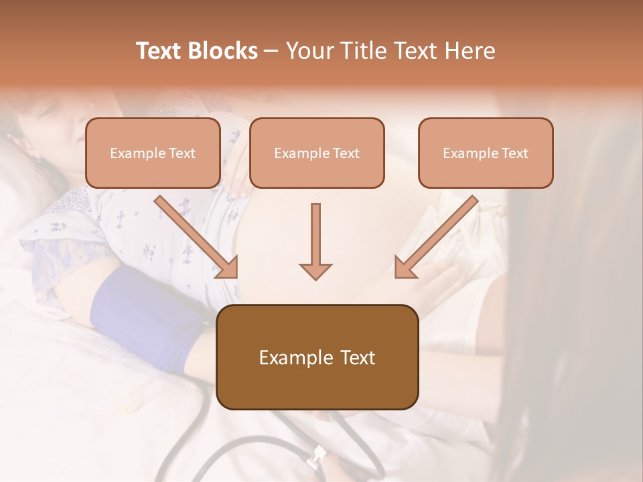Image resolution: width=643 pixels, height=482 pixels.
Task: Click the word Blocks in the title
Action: pyautogui.click(x=223, y=51)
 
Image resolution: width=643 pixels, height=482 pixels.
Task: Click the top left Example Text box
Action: pyautogui.click(x=153, y=153)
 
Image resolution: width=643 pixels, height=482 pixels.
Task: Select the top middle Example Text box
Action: pyautogui.click(x=317, y=153)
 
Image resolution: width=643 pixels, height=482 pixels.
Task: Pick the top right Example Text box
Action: pyautogui.click(x=486, y=153)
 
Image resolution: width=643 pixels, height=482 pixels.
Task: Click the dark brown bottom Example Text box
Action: pyautogui.click(x=317, y=357)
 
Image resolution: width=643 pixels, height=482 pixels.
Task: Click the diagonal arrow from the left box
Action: pyautogui.click(x=197, y=237)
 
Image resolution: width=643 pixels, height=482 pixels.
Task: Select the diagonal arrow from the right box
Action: pyautogui.click(x=436, y=237)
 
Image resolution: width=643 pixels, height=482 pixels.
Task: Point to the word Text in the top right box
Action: pyautogui.click(x=515, y=153)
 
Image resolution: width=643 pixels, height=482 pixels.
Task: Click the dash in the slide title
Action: pyautogui.click(x=271, y=51)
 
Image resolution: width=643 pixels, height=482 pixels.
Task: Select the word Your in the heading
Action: pyautogui.click(x=309, y=51)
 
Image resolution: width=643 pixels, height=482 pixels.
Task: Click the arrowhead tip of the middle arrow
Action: pyautogui.click(x=315, y=277)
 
